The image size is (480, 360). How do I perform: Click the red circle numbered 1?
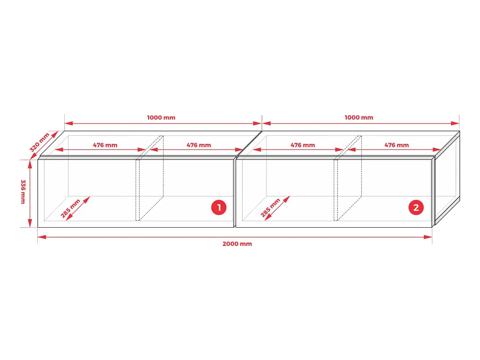(x=219, y=207)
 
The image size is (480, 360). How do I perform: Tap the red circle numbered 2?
(x=416, y=207)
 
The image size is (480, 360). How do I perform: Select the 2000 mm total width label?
(x=237, y=244)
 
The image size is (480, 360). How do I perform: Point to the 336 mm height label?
(x=23, y=192)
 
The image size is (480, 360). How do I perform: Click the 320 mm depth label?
(x=40, y=142)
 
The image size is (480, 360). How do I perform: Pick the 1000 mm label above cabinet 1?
(x=161, y=118)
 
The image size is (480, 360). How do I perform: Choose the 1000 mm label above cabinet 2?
(x=359, y=118)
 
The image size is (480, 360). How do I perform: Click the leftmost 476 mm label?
(x=105, y=145)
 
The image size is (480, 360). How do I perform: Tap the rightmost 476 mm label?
(x=396, y=145)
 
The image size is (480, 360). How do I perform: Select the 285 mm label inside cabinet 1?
(x=70, y=208)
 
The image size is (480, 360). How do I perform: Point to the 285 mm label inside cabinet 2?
(x=270, y=207)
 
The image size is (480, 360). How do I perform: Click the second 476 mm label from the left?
(x=199, y=145)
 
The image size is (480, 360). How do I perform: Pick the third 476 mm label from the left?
(x=303, y=145)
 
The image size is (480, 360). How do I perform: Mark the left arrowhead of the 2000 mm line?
(x=42, y=237)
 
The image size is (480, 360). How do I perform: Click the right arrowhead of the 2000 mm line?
(x=428, y=237)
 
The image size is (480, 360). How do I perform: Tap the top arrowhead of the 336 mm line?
(x=30, y=164)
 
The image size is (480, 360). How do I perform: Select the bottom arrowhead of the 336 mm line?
(x=30, y=223)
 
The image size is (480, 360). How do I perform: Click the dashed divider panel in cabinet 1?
(x=149, y=178)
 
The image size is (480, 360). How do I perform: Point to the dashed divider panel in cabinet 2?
(x=348, y=178)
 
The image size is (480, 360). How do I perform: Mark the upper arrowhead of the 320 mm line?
(x=55, y=134)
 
